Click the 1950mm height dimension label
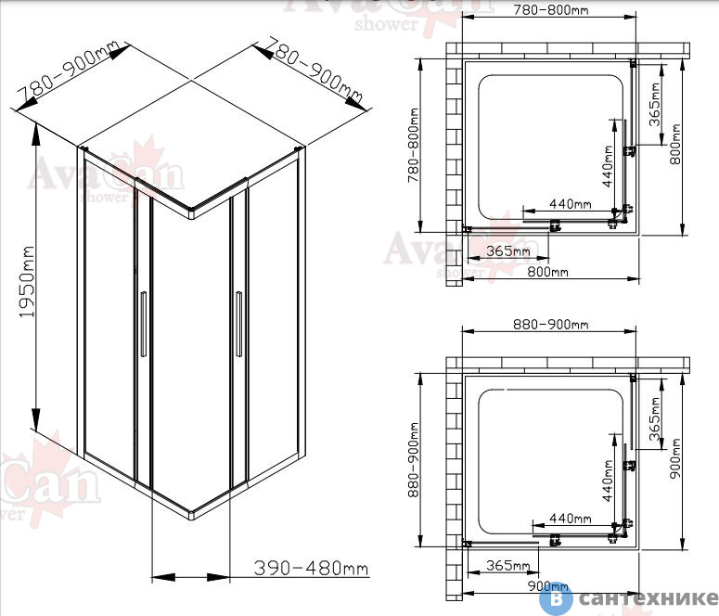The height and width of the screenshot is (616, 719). [x=27, y=283]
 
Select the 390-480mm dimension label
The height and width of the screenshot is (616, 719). [x=311, y=569]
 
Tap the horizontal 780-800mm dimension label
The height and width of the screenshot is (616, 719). [x=550, y=9]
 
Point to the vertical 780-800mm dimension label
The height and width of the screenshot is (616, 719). [x=414, y=145]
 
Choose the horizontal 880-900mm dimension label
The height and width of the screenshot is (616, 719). [x=550, y=325]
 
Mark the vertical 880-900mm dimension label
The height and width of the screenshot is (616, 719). [x=414, y=460]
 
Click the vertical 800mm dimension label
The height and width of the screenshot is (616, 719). [x=675, y=144]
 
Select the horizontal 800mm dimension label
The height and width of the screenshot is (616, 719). [x=547, y=272]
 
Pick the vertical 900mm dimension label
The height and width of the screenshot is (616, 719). [x=675, y=458]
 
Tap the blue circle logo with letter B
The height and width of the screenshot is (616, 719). [x=556, y=598]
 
